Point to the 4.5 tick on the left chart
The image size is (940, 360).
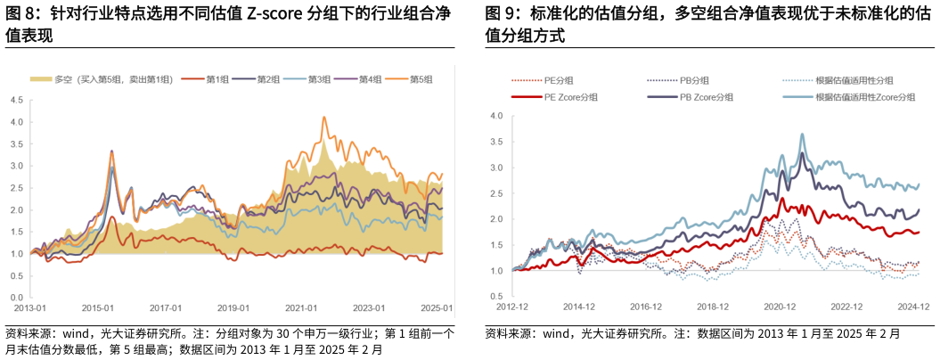tap(17, 100)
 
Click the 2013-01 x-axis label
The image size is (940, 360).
tap(29, 309)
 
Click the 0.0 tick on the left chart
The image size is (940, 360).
tap(17, 298)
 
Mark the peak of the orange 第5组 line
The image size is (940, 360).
tap(324, 117)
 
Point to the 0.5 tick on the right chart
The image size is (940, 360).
tap(497, 295)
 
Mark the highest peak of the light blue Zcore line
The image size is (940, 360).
tap(802, 135)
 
